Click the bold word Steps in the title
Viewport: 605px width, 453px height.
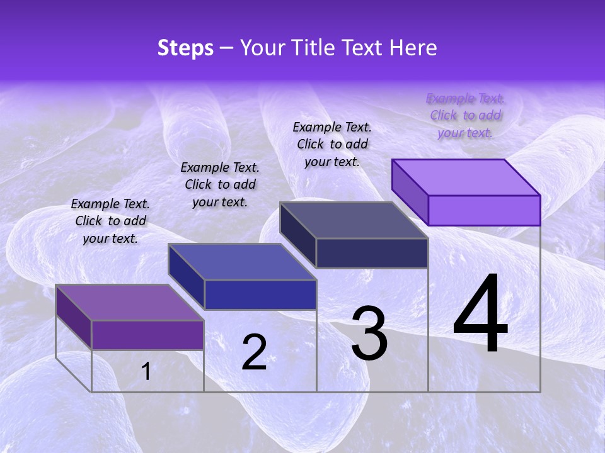tap(185, 48)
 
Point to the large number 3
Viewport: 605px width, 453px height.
tap(369, 333)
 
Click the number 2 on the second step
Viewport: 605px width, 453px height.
tap(254, 352)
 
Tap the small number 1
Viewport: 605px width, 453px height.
tap(146, 371)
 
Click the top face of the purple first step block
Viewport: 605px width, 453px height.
tap(130, 303)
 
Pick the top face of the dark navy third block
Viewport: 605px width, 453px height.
tap(354, 220)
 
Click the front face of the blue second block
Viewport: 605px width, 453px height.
tap(260, 294)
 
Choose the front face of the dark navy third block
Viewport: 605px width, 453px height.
tap(372, 253)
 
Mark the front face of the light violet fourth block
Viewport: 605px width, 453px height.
tap(484, 210)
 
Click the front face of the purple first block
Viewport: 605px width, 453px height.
tap(147, 335)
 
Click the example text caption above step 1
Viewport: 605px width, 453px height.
tap(110, 221)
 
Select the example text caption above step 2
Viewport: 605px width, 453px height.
tap(220, 184)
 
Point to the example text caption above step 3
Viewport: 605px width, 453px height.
tap(332, 144)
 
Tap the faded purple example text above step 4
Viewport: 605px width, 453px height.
tap(465, 115)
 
